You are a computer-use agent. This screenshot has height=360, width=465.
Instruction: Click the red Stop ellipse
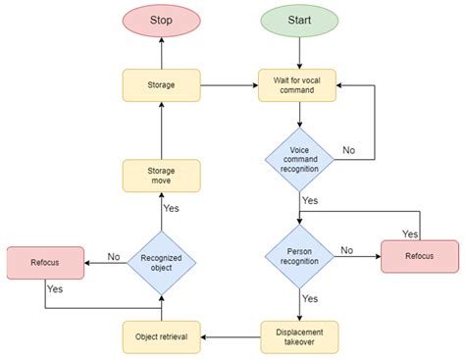coord(162,21)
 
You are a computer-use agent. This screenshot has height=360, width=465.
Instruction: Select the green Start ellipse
coord(299,21)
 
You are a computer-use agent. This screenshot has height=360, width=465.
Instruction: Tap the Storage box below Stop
coord(162,85)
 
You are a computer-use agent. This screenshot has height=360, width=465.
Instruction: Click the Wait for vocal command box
coord(299,85)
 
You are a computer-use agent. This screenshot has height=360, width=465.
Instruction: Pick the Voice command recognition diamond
coord(299,157)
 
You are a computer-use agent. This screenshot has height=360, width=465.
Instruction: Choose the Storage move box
coord(162,177)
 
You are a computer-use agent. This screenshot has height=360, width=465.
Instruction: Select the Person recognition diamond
coord(299,258)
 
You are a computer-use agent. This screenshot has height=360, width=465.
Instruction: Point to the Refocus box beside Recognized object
coord(45,263)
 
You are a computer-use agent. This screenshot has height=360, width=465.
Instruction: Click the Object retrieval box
coord(162,336)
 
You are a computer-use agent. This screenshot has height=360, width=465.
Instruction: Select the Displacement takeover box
coord(299,336)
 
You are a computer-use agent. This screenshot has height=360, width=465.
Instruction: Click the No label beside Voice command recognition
coord(348,150)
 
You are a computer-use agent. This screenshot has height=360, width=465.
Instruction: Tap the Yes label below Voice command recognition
coord(310,200)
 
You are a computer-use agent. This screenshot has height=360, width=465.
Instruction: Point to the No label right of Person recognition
coord(346,250)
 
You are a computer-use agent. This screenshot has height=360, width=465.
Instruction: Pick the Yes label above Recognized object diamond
coord(171,209)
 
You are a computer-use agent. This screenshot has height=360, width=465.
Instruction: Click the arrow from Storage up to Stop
coord(162,55)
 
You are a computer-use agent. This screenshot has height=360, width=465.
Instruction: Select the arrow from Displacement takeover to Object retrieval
coord(231,336)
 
